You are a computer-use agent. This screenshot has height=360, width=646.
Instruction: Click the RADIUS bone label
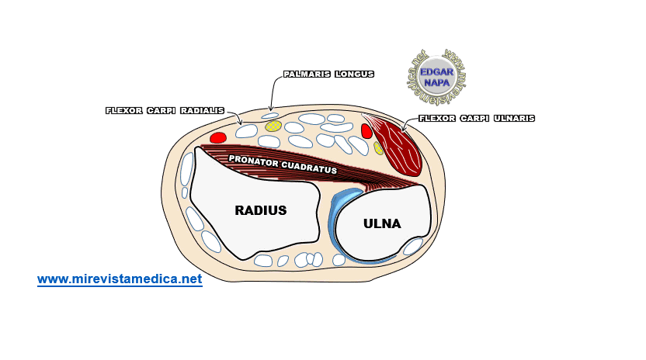click(x=261, y=209)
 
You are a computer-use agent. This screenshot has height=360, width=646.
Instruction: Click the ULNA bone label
click(x=382, y=223)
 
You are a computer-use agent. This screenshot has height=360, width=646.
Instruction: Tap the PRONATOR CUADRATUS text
click(x=283, y=164)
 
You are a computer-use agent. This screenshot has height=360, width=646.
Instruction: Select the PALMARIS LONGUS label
click(x=328, y=74)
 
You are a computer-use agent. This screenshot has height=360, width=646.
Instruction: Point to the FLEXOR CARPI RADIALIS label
click(x=165, y=111)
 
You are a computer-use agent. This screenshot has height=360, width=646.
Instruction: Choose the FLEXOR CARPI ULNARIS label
click(x=477, y=119)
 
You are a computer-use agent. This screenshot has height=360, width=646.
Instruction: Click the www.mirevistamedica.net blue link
click(x=120, y=279)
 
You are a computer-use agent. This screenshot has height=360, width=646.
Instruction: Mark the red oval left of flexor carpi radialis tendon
click(x=218, y=138)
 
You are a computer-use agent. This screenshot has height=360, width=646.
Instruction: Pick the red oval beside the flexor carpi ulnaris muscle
click(x=366, y=131)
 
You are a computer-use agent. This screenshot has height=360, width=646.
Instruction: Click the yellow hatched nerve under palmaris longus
click(x=273, y=126)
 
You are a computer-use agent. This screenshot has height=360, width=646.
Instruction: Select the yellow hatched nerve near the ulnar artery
click(x=378, y=147)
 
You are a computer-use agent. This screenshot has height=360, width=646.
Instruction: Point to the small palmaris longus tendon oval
click(x=269, y=116)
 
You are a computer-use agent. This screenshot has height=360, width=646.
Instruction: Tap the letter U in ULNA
click(x=368, y=223)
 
